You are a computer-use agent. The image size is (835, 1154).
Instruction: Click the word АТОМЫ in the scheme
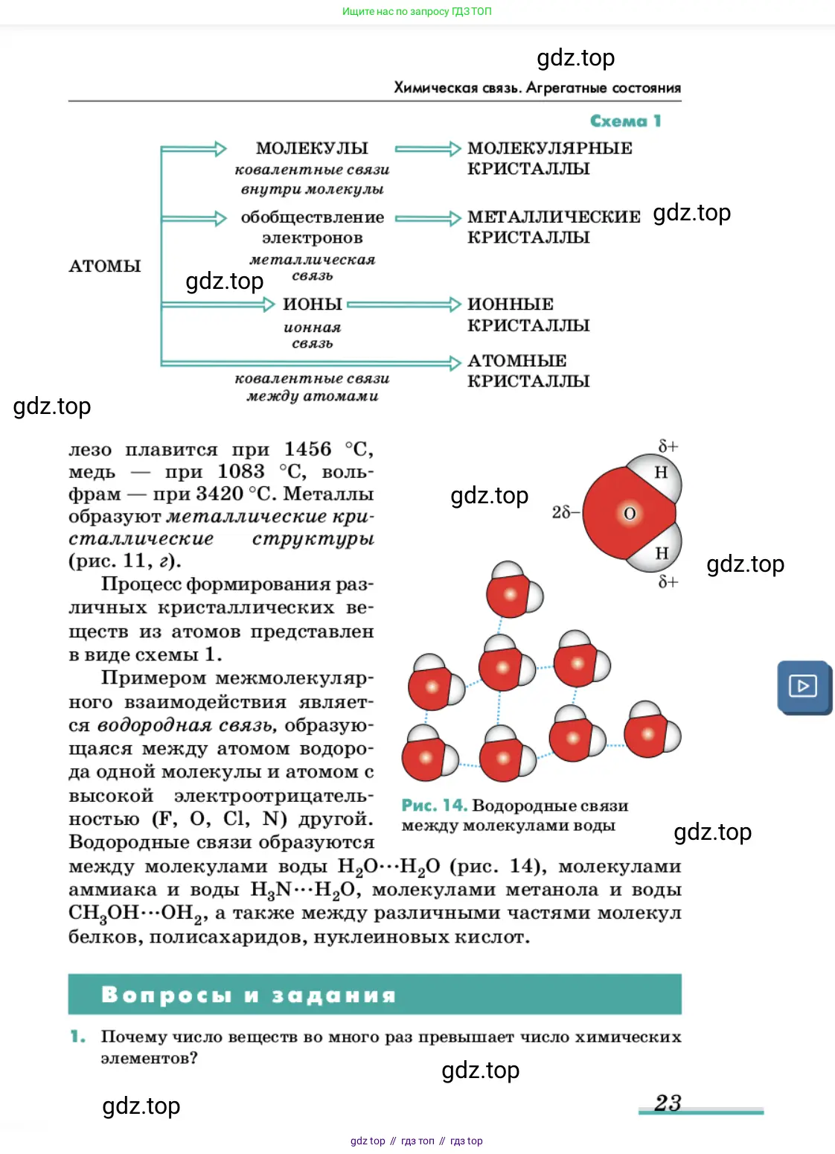click(105, 267)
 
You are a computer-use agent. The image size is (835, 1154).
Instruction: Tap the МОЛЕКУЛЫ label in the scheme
click(312, 148)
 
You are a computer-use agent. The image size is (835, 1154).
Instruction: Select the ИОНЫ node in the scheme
click(313, 305)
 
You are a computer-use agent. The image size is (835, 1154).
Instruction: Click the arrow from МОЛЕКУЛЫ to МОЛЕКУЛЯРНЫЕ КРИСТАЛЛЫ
click(428, 149)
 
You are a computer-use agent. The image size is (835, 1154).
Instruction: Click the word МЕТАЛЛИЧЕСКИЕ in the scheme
click(554, 217)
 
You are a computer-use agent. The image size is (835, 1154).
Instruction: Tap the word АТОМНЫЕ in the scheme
click(517, 361)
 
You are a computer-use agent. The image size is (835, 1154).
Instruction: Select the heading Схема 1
click(625, 121)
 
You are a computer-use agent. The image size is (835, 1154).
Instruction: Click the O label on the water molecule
click(630, 514)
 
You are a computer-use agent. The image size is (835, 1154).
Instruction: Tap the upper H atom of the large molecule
click(661, 473)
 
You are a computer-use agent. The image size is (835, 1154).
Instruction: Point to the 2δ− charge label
click(566, 512)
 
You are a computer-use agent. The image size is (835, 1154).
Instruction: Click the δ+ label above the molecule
click(668, 446)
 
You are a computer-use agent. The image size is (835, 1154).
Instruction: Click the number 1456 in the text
click(307, 450)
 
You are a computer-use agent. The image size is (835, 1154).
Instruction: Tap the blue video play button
click(803, 686)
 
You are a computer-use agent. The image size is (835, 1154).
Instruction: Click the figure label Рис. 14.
click(434, 806)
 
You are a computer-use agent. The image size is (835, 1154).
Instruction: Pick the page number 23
click(668, 1103)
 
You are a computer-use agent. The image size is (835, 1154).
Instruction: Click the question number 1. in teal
click(78, 1036)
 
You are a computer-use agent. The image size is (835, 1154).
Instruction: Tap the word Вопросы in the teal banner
click(167, 995)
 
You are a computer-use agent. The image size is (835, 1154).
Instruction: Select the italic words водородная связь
click(187, 725)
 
